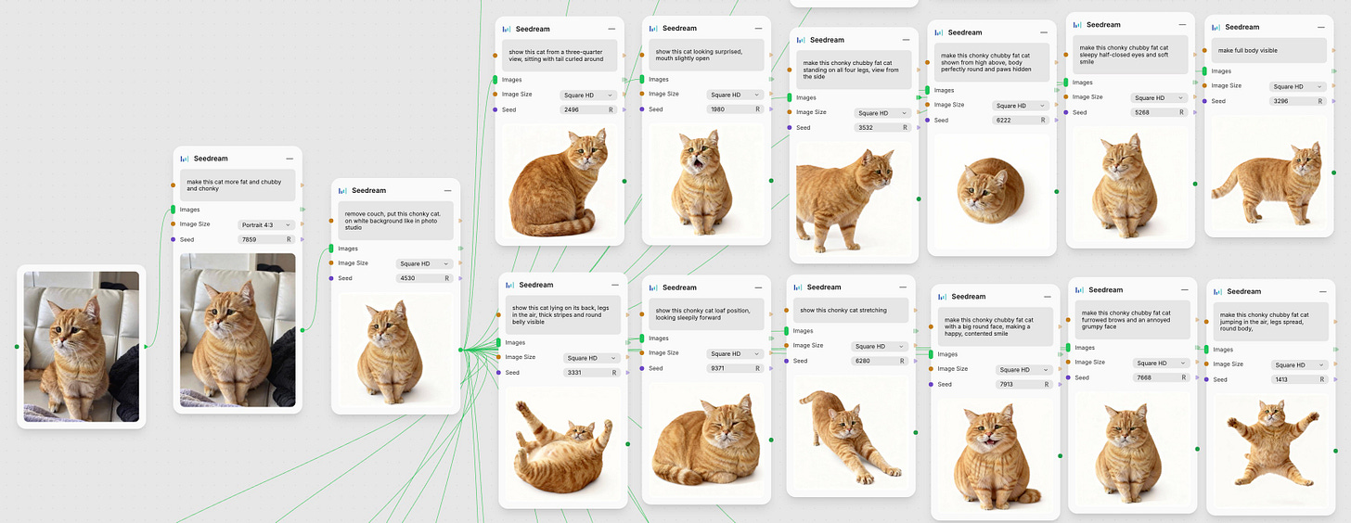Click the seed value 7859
[249, 240]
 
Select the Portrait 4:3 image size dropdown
[266, 224]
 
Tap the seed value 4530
[407, 278]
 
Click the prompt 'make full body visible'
[1247, 51]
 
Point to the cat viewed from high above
[990, 190]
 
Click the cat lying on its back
[562, 446]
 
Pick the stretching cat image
[850, 435]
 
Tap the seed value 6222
[1004, 121]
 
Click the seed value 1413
[1281, 379]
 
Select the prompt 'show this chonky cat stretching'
[843, 311]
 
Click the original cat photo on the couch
[82, 347]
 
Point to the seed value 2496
[572, 109]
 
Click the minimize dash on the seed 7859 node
[289, 159]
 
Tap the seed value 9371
[717, 368]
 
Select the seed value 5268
[1141, 113]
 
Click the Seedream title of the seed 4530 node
[368, 190]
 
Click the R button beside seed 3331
[614, 373]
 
